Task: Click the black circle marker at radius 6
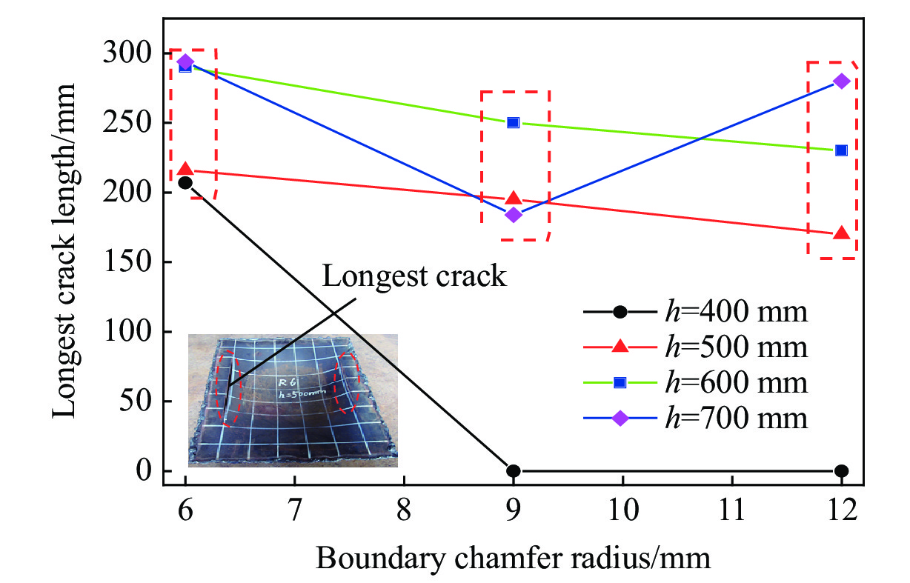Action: pyautogui.click(x=185, y=182)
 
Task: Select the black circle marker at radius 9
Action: pyautogui.click(x=514, y=470)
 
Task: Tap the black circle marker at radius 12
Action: pyautogui.click(x=841, y=470)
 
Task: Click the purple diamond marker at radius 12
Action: pyautogui.click(x=841, y=81)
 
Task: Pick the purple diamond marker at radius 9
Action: pyautogui.click(x=514, y=215)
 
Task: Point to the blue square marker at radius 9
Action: pyautogui.click(x=514, y=122)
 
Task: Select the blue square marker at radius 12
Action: pyautogui.click(x=841, y=150)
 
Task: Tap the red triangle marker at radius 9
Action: pyautogui.click(x=514, y=199)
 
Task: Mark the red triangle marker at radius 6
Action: pyautogui.click(x=185, y=170)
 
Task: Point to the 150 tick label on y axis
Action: pyautogui.click(x=132, y=262)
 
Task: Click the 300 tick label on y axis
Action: pyautogui.click(x=132, y=53)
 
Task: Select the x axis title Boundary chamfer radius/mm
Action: pyautogui.click(x=513, y=557)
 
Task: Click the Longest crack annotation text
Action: pyautogui.click(x=414, y=276)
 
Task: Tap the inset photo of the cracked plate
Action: pyautogui.click(x=293, y=400)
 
